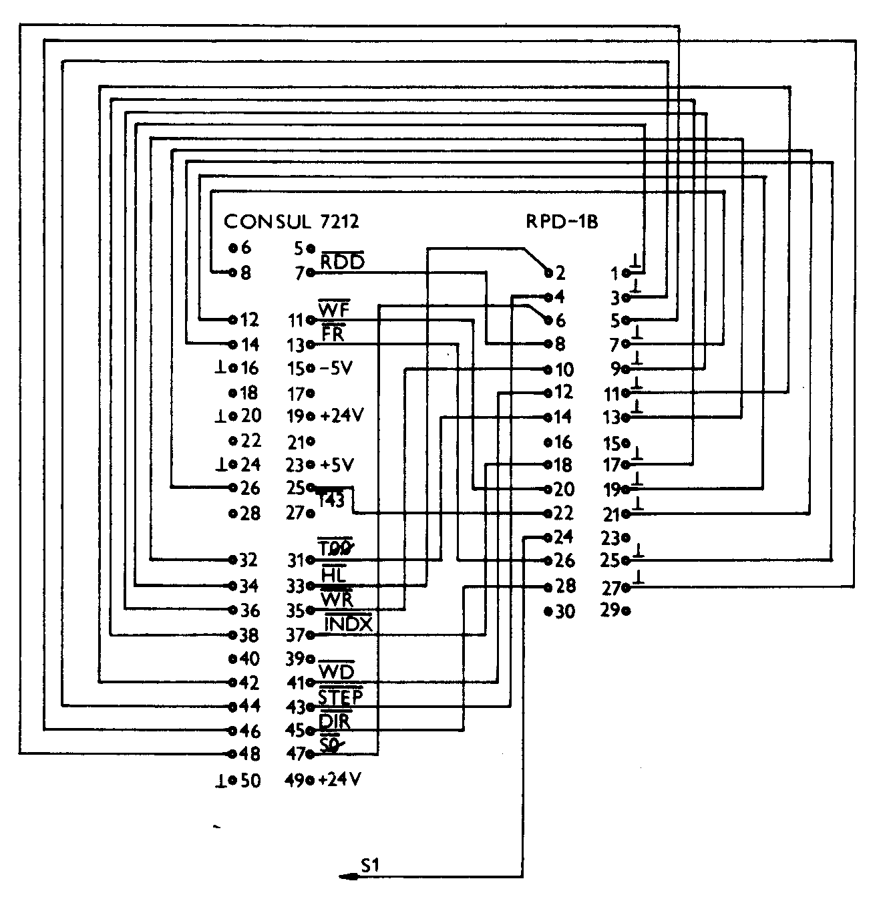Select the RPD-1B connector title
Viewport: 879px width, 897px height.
click(x=562, y=221)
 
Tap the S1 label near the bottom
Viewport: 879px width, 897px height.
click(x=370, y=865)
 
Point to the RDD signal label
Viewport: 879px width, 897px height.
click(x=343, y=262)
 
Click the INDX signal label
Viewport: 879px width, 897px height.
click(x=348, y=624)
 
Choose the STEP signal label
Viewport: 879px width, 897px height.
click(x=341, y=697)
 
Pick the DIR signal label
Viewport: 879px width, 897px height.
click(x=335, y=721)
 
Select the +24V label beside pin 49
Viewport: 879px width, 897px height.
click(x=340, y=779)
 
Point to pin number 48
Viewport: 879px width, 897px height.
click(x=250, y=754)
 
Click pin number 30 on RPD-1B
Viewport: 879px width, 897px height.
click(x=564, y=611)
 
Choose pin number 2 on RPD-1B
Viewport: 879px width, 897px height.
click(x=560, y=273)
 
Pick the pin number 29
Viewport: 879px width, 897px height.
click(x=610, y=610)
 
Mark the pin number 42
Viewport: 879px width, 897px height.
click(x=250, y=683)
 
